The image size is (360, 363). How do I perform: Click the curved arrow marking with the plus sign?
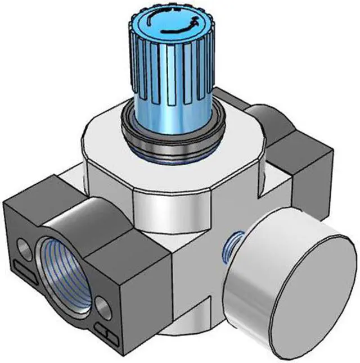click(169, 25)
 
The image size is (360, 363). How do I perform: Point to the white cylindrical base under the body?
click(186, 332)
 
